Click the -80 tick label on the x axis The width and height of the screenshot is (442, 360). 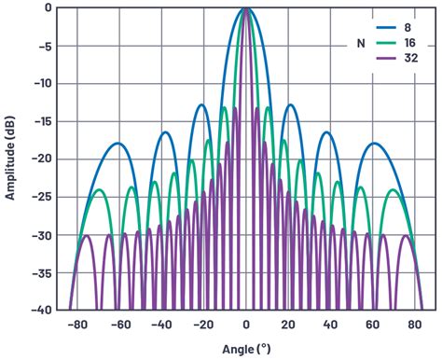point(73,325)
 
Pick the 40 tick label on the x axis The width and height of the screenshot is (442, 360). point(330,325)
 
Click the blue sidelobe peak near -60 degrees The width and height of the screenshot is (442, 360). point(117,143)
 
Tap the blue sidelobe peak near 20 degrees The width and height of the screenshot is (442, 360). point(291,104)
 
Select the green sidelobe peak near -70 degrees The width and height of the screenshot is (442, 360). point(99,189)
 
